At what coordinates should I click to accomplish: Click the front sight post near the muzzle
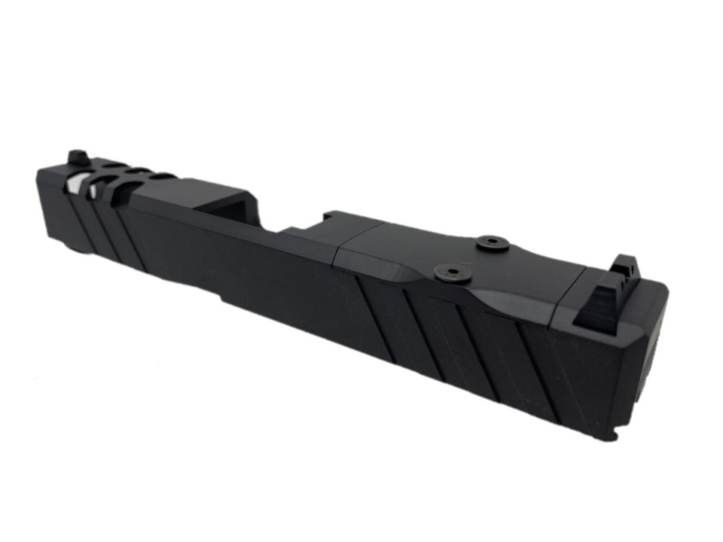76,157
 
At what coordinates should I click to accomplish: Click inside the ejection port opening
233,208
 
